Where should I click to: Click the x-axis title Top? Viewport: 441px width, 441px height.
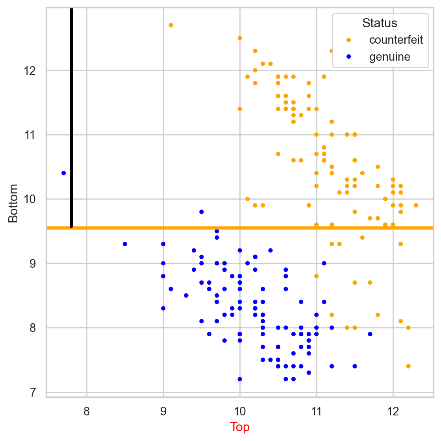pos(240,427)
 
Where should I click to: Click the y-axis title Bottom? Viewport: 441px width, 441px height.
pos(13,203)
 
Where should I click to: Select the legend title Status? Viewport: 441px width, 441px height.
pos(380,23)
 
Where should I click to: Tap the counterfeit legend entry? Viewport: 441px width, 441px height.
pos(396,40)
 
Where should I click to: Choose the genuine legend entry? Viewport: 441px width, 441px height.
pos(389,57)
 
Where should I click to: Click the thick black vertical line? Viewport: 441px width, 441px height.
pos(71,118)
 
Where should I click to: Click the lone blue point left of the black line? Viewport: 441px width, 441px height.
pos(64,173)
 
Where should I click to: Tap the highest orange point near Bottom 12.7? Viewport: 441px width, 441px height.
pos(171,25)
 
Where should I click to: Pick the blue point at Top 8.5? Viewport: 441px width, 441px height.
pos(125,244)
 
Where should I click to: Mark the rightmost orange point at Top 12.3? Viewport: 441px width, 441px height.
pos(416,206)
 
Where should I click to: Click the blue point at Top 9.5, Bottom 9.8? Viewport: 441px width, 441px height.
pos(202,212)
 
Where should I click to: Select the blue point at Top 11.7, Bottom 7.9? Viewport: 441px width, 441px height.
pos(370,334)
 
